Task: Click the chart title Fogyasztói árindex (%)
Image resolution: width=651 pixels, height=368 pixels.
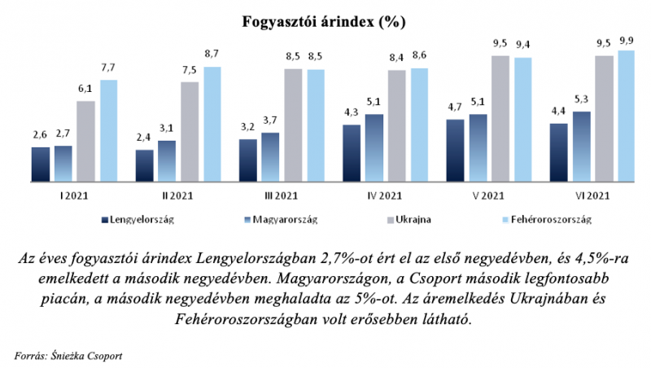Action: click(325, 21)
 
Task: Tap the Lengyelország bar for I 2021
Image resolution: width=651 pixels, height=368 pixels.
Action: click(41, 164)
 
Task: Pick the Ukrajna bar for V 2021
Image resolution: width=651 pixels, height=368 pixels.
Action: click(500, 118)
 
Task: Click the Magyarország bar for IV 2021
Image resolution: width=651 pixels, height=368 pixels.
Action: click(374, 147)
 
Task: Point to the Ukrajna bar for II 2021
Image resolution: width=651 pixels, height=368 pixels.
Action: click(190, 131)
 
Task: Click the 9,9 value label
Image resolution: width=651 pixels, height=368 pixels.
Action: click(626, 40)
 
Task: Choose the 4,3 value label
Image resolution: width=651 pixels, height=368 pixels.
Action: click(351, 114)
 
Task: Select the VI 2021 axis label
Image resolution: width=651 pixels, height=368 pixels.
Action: click(592, 195)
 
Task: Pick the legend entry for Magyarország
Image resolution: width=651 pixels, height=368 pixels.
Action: click(280, 219)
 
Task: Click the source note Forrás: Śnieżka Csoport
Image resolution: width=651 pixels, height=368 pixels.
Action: click(69, 354)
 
